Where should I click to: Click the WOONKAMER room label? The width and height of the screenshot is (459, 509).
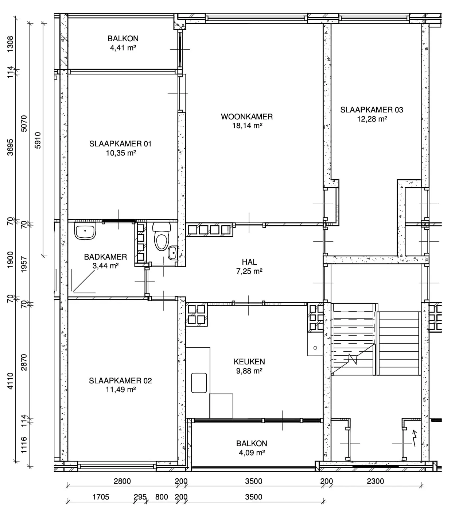[x=246, y=117]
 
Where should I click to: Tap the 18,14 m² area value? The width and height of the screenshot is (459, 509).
[x=247, y=126]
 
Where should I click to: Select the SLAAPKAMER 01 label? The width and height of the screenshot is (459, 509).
[x=120, y=144]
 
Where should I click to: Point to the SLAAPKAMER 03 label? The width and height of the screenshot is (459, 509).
[x=371, y=110]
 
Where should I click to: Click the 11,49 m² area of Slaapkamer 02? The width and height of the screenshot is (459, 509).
[x=121, y=390]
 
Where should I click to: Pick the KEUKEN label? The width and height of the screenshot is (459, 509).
[x=249, y=361]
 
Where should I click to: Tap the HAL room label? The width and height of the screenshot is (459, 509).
[x=249, y=262]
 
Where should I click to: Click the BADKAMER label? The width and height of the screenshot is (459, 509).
[x=105, y=257]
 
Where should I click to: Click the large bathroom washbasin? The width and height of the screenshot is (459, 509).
[x=85, y=231]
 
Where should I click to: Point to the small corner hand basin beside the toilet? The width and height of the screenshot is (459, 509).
[x=172, y=253]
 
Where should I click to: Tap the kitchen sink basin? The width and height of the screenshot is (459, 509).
[x=199, y=383]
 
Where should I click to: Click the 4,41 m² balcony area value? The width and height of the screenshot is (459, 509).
[x=123, y=48]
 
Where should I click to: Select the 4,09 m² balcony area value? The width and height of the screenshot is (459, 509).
[x=252, y=453]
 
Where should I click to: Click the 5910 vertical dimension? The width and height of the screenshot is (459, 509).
[x=38, y=140]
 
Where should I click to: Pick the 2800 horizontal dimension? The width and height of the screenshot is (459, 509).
[x=122, y=481]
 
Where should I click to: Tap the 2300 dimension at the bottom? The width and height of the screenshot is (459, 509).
[x=376, y=481]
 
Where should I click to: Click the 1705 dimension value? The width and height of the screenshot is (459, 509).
[x=101, y=497]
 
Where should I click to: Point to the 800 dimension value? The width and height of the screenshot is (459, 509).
[x=162, y=497]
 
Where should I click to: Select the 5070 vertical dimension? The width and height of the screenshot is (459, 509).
[x=24, y=123]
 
